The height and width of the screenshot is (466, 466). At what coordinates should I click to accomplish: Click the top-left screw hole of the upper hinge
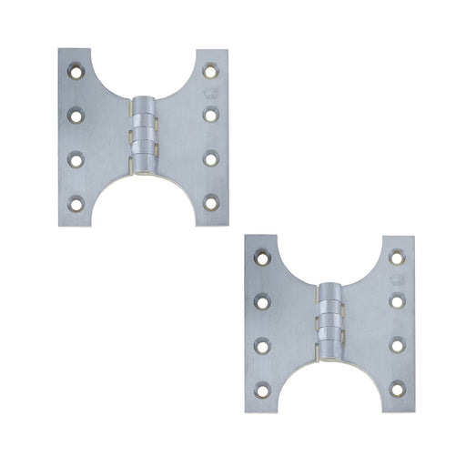tap(75, 67)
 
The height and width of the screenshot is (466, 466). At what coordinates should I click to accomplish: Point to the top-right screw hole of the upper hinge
tap(210, 67)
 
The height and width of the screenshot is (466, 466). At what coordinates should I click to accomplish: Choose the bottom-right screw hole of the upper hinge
tap(210, 202)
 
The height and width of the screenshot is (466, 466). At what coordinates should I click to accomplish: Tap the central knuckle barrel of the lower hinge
tap(329, 320)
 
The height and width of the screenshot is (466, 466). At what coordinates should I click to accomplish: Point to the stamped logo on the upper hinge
tap(210, 91)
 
